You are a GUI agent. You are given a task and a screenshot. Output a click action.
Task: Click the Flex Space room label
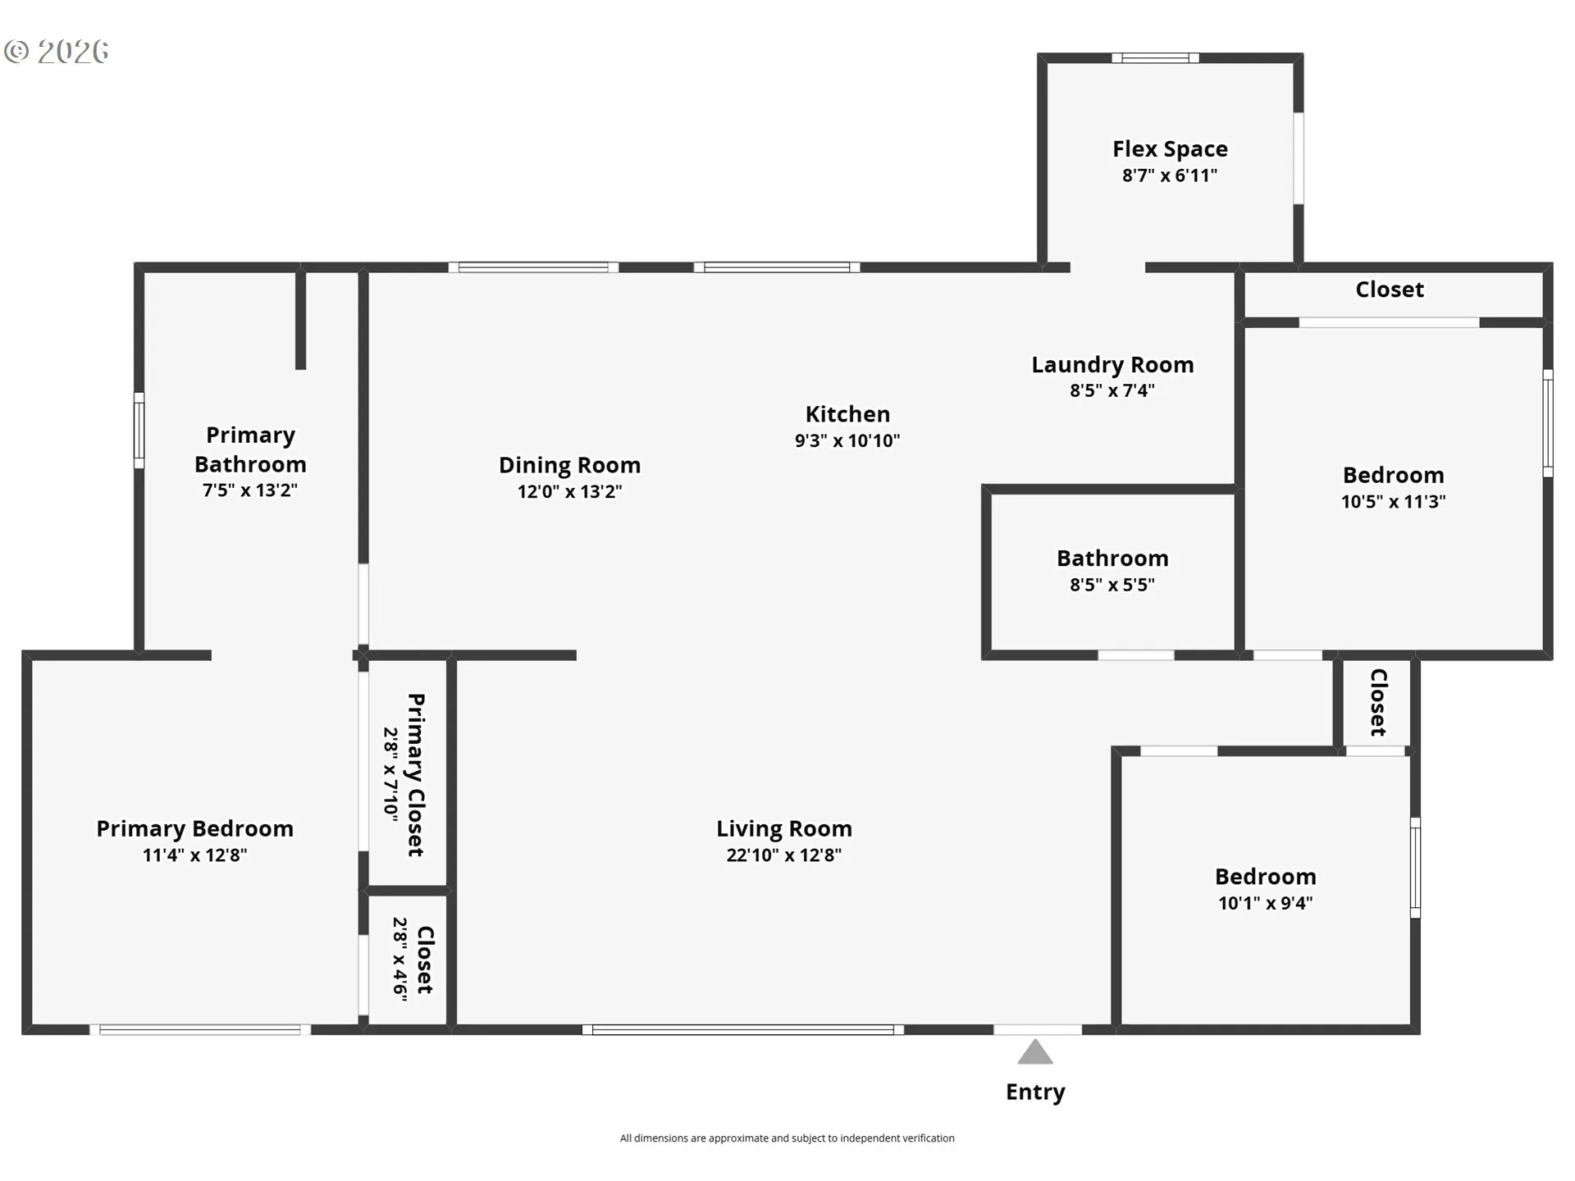(1170, 149)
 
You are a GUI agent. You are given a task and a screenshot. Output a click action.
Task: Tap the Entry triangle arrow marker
(1035, 1052)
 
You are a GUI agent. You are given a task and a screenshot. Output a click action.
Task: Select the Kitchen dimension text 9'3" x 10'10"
(847, 440)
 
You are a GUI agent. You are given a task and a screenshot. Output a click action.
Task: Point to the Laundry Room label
(1112, 365)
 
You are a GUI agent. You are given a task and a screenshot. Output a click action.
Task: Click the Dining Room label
(569, 465)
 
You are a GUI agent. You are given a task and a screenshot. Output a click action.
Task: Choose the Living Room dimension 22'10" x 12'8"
(784, 855)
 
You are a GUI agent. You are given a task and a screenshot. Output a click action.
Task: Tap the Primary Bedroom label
(195, 828)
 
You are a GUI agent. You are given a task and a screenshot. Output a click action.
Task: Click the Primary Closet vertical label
(417, 775)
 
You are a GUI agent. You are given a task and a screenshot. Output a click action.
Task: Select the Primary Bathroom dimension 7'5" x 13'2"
(250, 490)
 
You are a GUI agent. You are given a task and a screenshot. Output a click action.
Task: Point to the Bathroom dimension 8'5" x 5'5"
(1112, 585)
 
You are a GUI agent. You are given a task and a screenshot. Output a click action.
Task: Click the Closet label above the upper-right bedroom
(1390, 290)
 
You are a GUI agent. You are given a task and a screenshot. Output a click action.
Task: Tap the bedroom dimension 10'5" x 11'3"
(1394, 501)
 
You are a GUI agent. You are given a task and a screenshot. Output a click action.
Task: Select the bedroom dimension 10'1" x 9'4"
(1266, 903)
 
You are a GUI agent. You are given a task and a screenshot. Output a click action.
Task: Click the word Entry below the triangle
(1035, 1092)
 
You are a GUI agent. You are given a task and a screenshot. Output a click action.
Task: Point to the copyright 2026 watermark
(57, 52)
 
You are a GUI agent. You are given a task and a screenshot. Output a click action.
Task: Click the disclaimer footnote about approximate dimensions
(787, 1138)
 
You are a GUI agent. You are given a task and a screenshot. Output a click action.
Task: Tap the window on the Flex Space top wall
(1156, 57)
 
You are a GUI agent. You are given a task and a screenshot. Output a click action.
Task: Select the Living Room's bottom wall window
(743, 1029)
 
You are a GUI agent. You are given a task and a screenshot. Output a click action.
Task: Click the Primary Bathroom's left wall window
(139, 431)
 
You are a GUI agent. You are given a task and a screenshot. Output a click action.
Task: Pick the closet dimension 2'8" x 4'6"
(400, 959)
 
